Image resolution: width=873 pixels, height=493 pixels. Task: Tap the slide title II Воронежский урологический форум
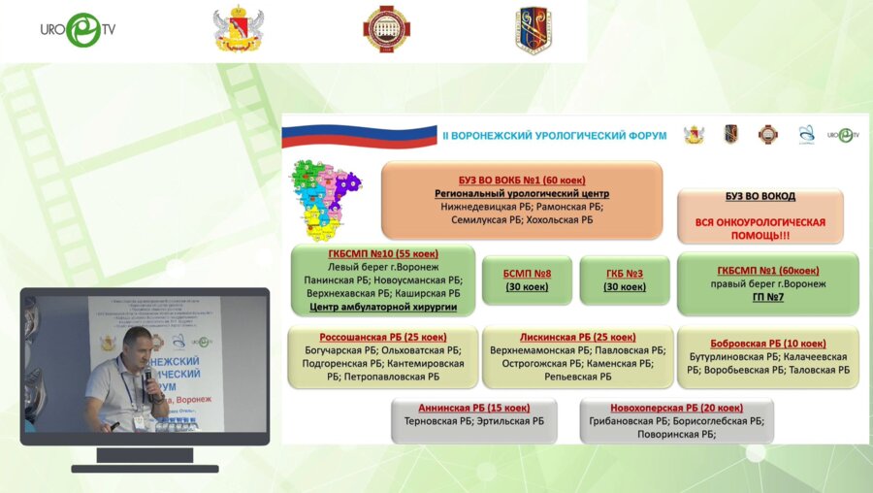tap(554, 135)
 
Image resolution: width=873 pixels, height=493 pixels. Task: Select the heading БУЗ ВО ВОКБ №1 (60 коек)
tap(522, 181)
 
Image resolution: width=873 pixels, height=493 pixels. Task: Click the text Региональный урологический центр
tap(522, 194)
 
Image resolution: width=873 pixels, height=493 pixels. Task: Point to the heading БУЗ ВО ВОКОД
tap(760, 196)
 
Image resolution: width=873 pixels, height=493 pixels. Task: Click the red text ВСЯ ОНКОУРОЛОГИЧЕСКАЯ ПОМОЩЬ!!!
tap(760, 229)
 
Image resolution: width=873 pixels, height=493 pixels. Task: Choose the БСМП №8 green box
tap(529, 279)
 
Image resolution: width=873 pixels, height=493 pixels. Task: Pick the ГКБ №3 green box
tap(625, 279)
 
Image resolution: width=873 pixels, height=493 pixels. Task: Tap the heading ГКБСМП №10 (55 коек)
tap(383, 253)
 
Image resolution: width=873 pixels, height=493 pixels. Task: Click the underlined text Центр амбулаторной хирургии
tap(383, 307)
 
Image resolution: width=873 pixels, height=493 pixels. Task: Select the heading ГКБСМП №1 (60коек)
tap(768, 270)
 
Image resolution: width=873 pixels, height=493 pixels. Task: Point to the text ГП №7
tap(768, 297)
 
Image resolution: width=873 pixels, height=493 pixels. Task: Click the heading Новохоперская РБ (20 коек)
tap(676, 408)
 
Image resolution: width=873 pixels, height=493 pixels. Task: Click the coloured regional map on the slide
tap(326, 200)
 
